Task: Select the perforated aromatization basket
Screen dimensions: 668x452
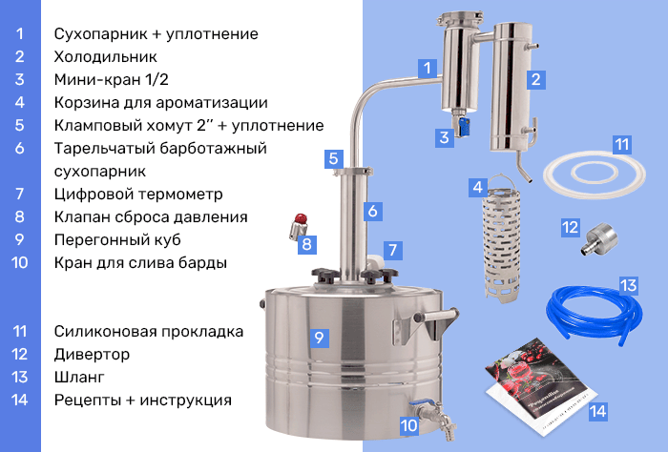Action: click(501, 238)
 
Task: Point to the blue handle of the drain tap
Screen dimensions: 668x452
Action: click(422, 402)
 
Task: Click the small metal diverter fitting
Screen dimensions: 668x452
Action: click(599, 238)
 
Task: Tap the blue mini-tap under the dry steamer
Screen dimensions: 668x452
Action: click(463, 127)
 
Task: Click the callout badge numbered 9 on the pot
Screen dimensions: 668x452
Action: click(319, 338)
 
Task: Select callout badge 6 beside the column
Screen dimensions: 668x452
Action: click(373, 211)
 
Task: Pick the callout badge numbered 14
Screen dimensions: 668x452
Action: click(598, 411)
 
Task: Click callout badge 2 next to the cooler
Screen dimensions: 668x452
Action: click(536, 79)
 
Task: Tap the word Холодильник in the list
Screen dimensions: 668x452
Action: click(106, 56)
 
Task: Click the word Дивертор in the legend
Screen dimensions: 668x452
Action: click(92, 354)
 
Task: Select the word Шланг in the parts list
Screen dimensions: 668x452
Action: click(79, 377)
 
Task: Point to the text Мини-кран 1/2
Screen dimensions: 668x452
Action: click(112, 79)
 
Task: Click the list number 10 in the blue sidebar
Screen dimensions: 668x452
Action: click(20, 262)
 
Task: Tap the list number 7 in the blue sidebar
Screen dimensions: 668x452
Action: click(20, 195)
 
